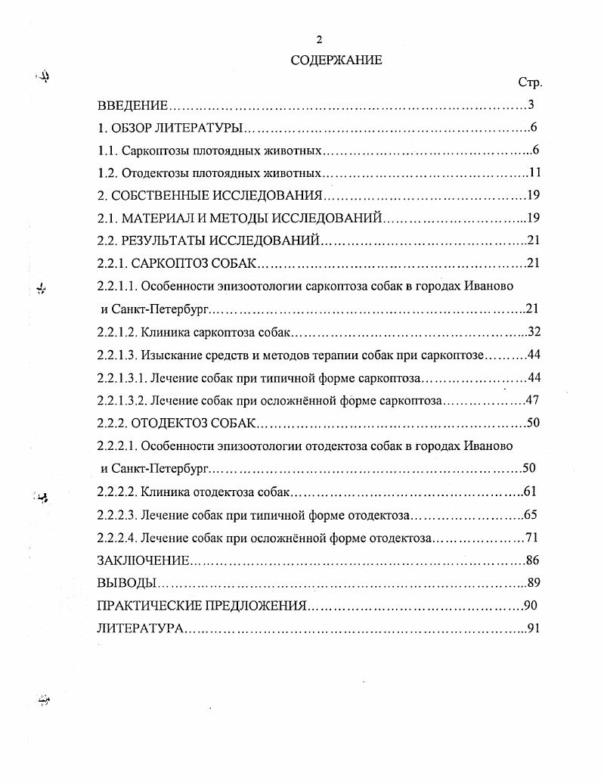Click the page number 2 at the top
[x=319, y=40]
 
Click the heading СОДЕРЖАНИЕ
[x=336, y=61]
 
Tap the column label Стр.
[x=530, y=82]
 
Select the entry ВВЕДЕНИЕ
[x=132, y=105]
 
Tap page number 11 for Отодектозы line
[x=535, y=172]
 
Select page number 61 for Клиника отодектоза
[x=530, y=492]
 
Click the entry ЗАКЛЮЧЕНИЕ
[x=143, y=560]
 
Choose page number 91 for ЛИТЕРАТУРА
[x=534, y=628]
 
